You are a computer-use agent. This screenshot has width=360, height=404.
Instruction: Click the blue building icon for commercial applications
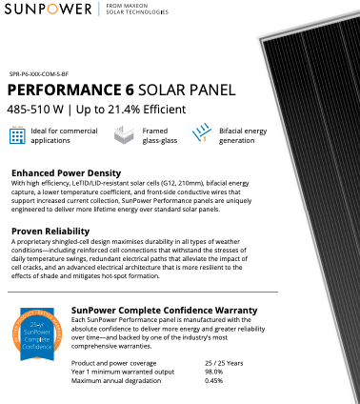(x=16, y=135)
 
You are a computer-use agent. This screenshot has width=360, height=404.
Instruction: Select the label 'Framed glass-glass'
(x=156, y=135)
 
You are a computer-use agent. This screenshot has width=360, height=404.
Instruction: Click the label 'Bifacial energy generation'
(x=250, y=135)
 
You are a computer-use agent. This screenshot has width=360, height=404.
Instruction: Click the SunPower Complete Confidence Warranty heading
(x=165, y=311)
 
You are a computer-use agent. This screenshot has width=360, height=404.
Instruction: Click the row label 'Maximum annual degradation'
(x=117, y=381)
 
